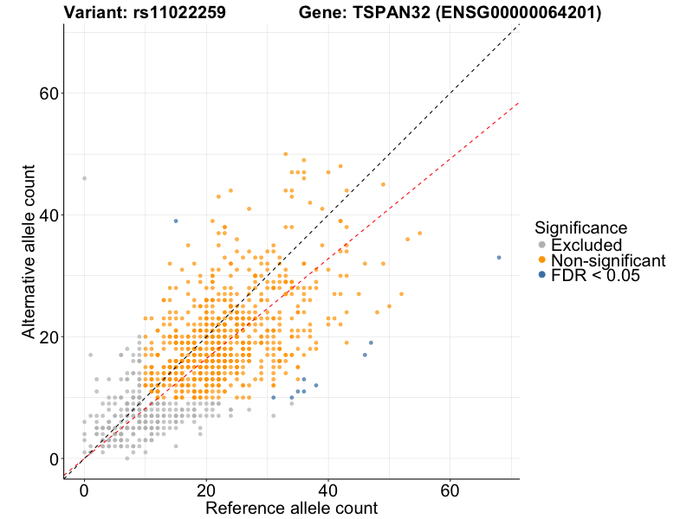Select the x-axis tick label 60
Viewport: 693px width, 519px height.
450,490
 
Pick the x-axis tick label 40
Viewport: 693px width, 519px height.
327,490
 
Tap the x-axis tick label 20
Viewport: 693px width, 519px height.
205,490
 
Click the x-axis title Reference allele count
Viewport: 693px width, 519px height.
291,509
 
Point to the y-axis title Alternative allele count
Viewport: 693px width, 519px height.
29,253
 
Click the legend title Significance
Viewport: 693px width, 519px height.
580,228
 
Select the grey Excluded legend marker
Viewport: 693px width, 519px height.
542,245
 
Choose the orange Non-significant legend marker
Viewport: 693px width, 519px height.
542,260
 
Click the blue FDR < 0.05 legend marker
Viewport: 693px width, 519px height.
542,275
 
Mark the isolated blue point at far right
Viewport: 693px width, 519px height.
499,257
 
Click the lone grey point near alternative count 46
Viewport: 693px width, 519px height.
84,178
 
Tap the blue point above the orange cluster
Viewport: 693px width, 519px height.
176,221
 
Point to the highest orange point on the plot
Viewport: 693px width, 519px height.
285,154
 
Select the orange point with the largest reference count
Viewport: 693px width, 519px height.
420,233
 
